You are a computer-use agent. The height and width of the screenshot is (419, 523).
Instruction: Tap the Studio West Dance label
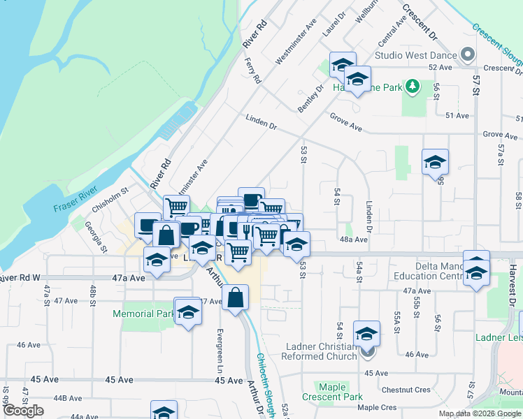pyautogui.click(x=415, y=54)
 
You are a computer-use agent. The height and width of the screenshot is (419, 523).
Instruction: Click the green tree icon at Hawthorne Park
pyautogui.click(x=413, y=87)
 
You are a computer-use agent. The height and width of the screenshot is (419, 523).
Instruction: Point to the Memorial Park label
pyautogui.click(x=143, y=314)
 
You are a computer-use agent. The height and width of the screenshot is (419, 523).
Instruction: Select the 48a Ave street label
pyautogui.click(x=354, y=239)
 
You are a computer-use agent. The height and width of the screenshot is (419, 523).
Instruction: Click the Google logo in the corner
pyautogui.click(x=23, y=411)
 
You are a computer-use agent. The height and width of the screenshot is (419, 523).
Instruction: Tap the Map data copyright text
pyautogui.click(x=479, y=413)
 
